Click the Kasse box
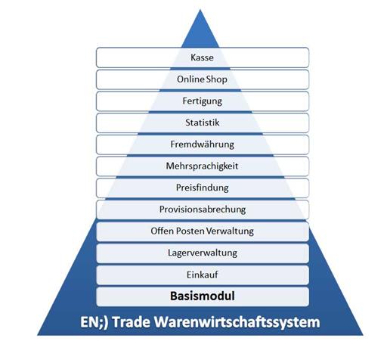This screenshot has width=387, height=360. pos(203,57)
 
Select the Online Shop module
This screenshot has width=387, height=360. pos(203,79)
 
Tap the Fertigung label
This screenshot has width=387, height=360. pos(203,101)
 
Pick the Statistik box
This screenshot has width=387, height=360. pos(203,123)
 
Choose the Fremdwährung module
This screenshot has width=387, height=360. pos(203,144)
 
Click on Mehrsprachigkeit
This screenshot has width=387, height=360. pos(203,166)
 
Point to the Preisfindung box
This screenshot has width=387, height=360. pos(203,188)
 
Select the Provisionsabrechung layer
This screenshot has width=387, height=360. pos(203,209)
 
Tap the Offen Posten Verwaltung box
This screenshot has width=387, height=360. pos(203,231)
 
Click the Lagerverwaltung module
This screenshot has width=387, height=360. pos(203,253)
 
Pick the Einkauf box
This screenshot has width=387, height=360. pos(203,275)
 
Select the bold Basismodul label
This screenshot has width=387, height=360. pos(203,296)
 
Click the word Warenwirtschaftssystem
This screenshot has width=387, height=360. pos(237,323)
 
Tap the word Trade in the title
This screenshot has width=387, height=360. pos(131,322)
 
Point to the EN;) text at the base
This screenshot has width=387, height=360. pos(94,322)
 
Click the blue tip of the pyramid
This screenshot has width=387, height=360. pos(200,10)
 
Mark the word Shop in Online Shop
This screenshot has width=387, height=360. pos(217,79)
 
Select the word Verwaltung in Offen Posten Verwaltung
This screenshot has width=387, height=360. pos(230,231)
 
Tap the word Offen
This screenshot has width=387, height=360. pos(163,231)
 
